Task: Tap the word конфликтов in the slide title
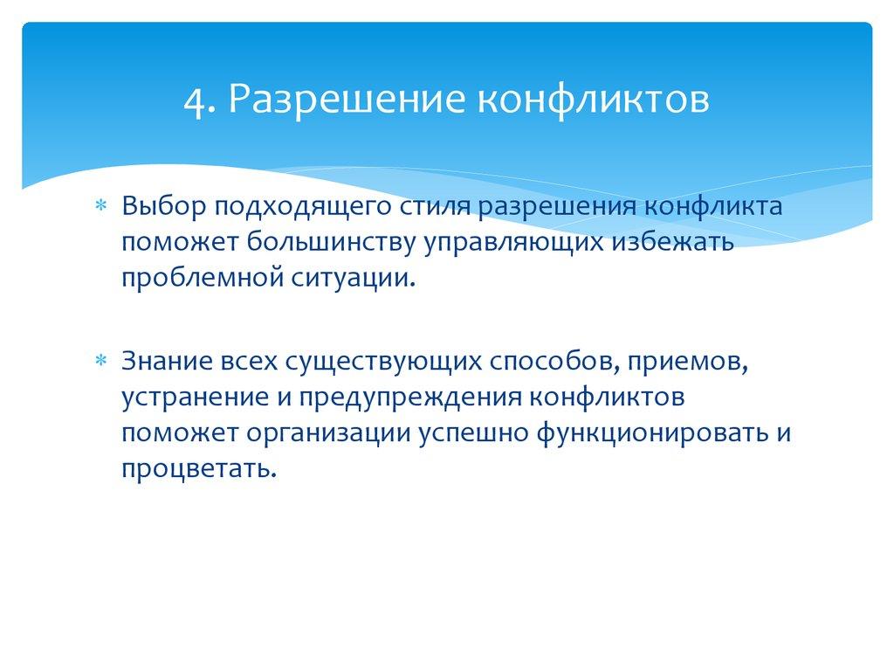[x=591, y=99]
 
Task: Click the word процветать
[x=199, y=468]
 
